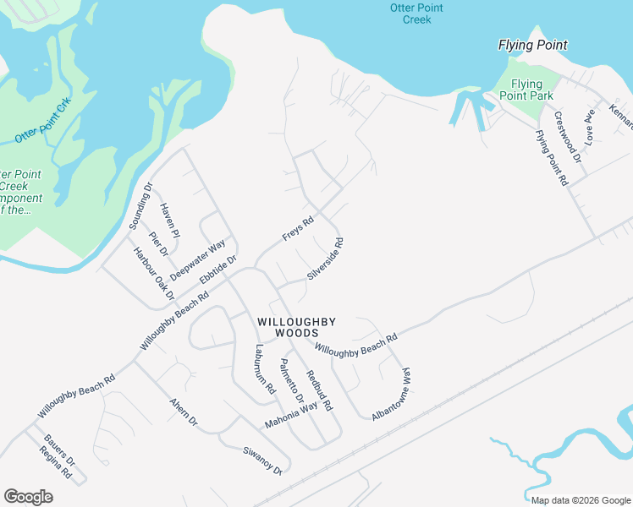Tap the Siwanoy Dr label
tap(261, 460)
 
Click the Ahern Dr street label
tap(183, 411)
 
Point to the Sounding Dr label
tap(140, 206)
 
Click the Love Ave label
tap(591, 123)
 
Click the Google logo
tap(28, 497)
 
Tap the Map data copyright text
tap(580, 500)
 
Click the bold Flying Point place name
tap(532, 45)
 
